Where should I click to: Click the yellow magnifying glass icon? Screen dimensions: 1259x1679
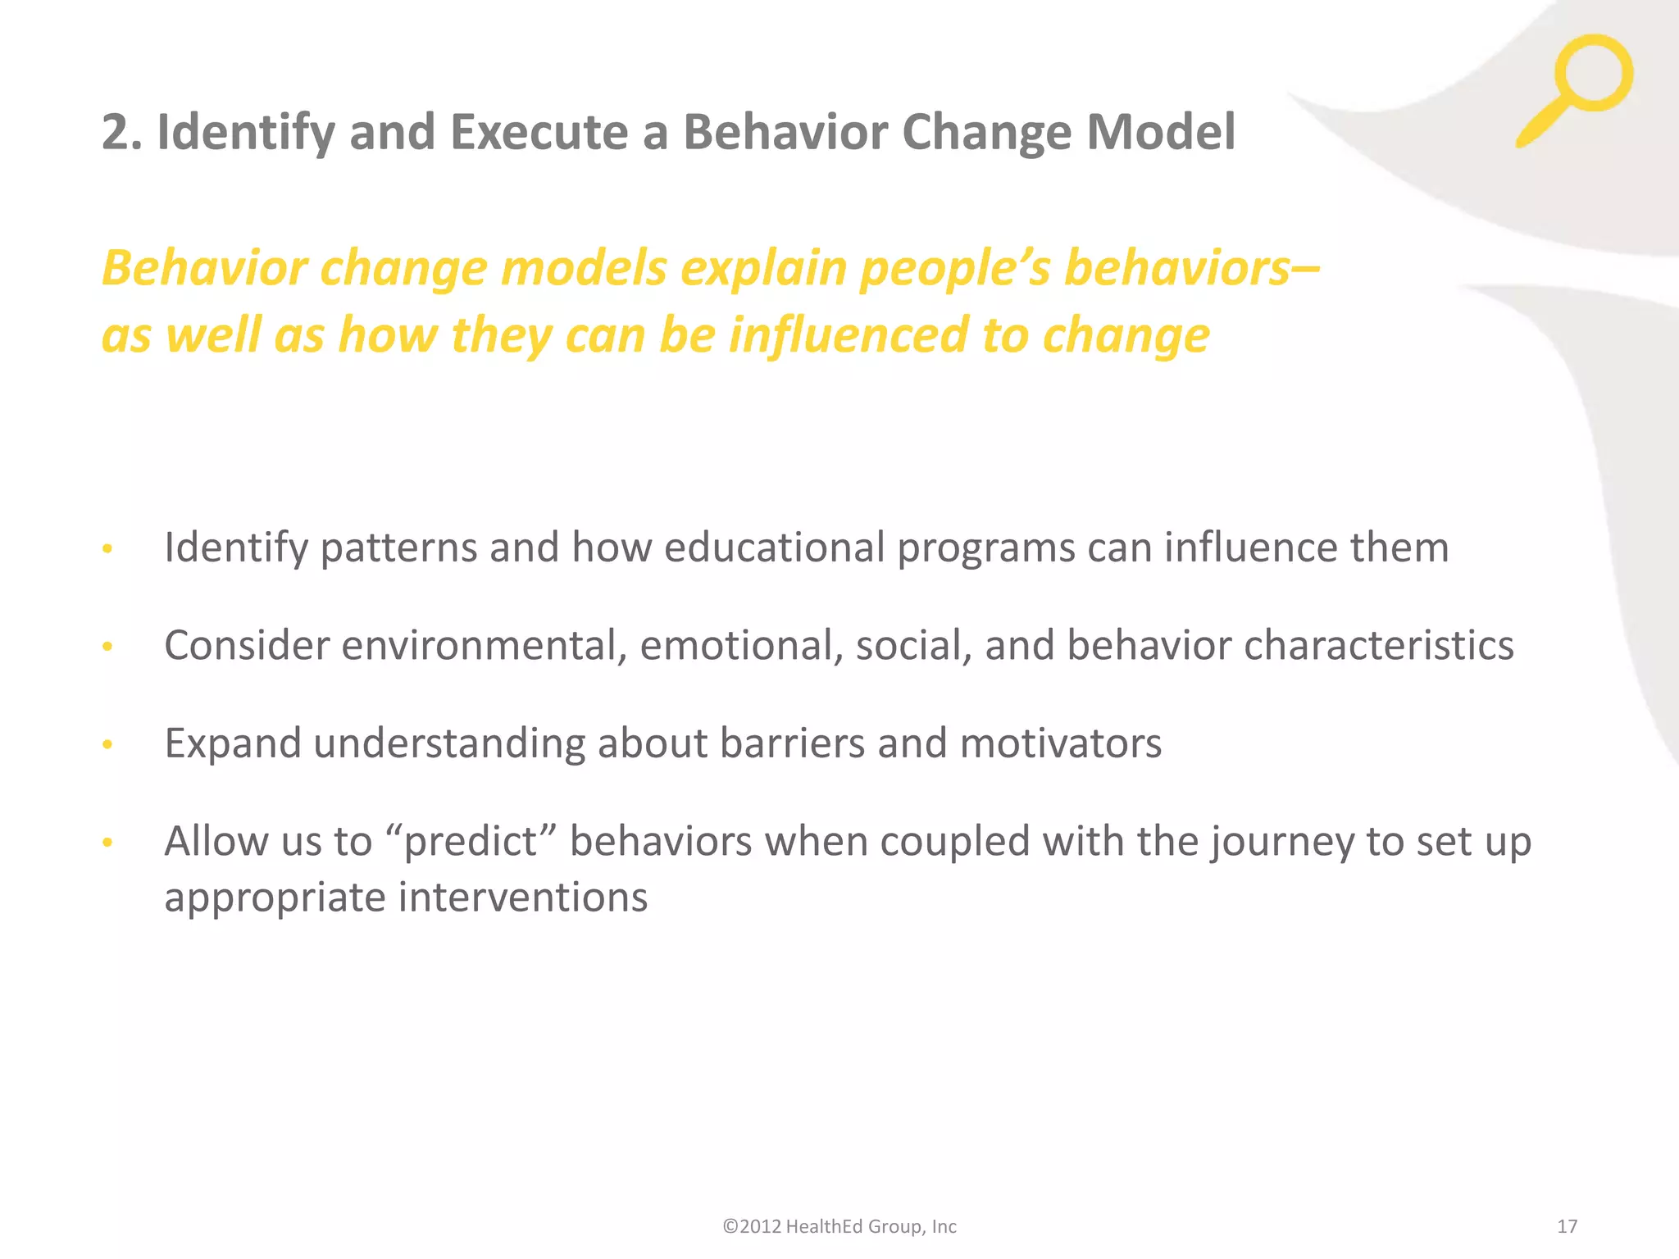[1578, 86]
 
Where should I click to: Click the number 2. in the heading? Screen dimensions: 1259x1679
[121, 133]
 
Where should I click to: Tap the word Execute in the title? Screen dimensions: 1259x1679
[539, 133]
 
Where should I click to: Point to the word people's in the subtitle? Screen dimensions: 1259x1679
[955, 269]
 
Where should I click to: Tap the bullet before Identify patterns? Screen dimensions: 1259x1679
[107, 549]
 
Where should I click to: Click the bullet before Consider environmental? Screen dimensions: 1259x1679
[107, 648]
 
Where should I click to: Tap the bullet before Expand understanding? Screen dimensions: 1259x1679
[107, 745]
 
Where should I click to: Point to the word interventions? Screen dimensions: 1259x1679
[523, 897]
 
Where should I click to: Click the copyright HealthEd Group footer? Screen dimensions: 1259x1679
[839, 1226]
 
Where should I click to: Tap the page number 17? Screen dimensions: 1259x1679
[1567, 1226]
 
